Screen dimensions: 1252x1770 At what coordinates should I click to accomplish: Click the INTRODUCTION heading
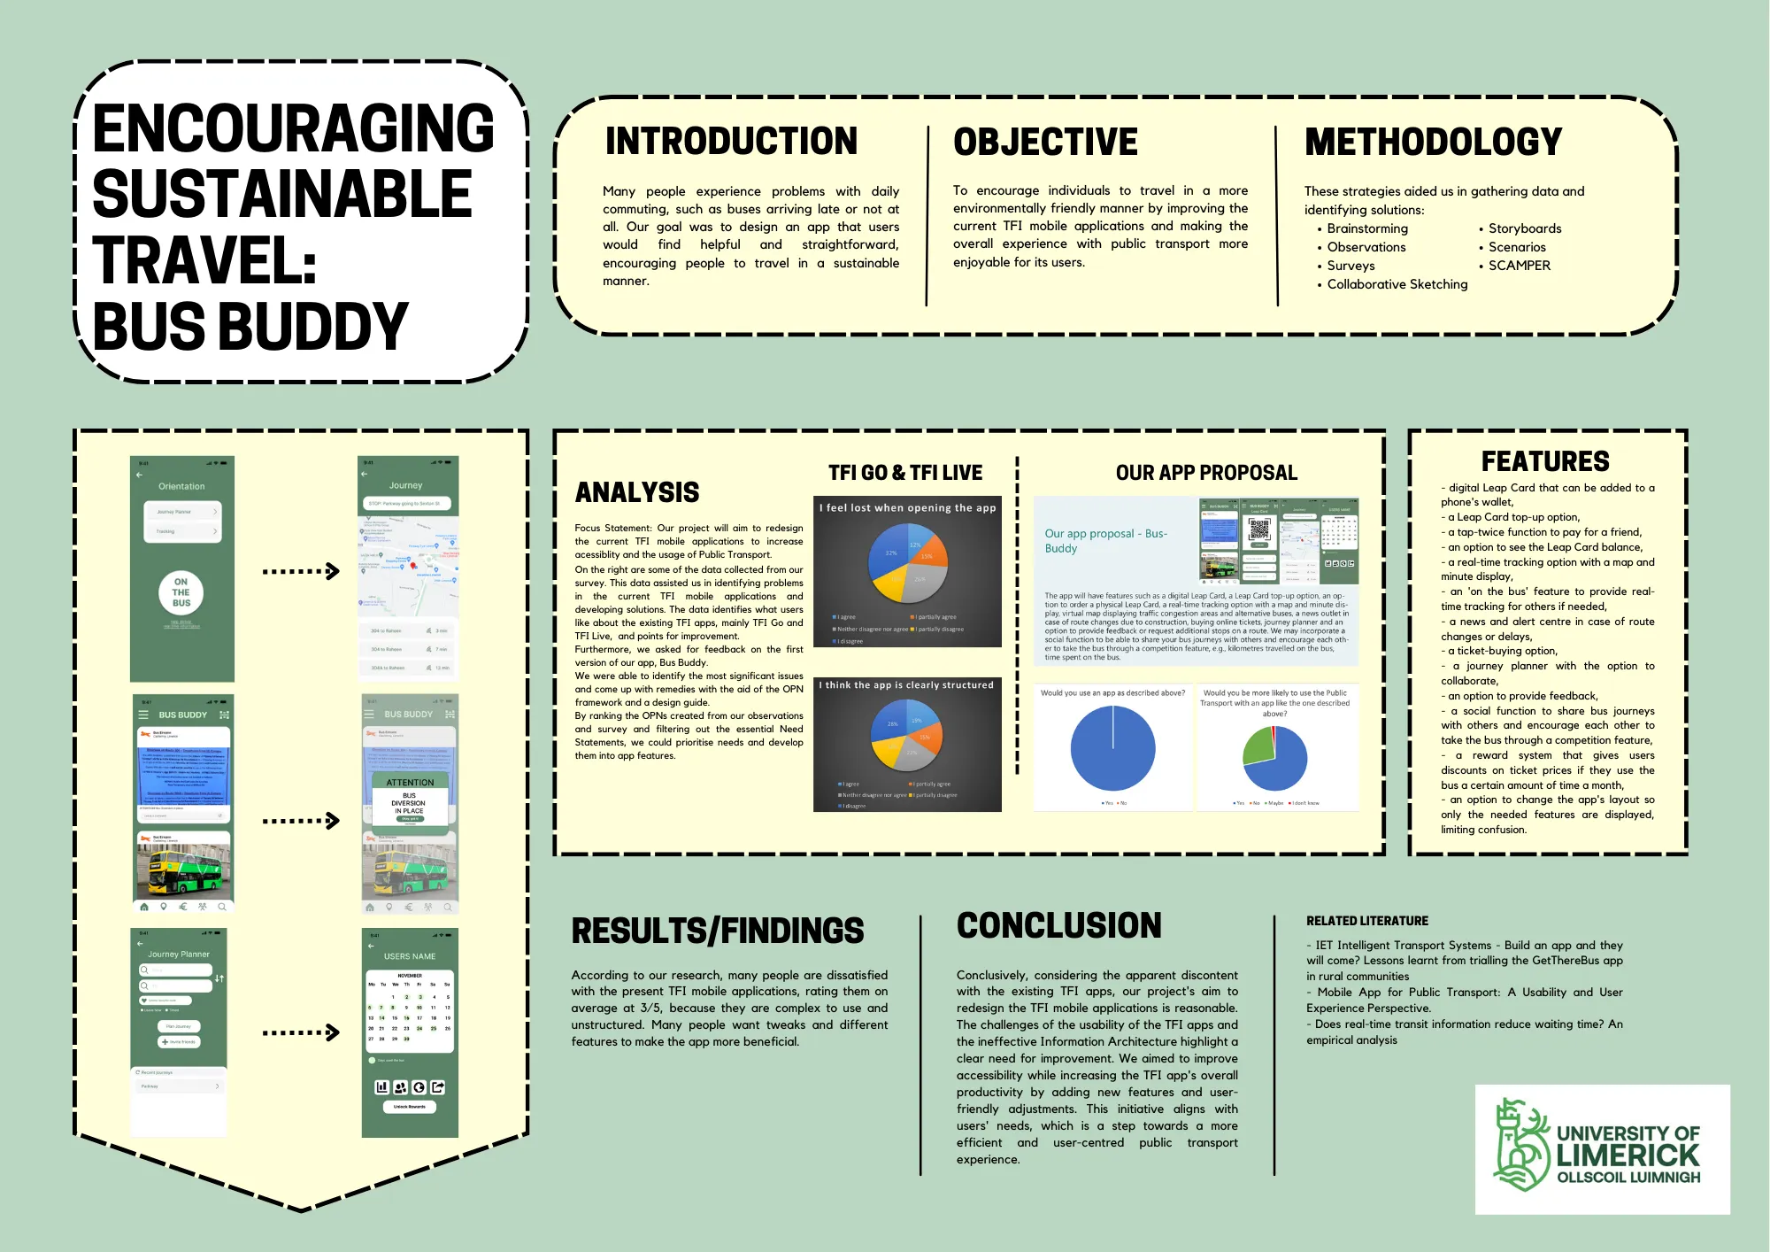731,142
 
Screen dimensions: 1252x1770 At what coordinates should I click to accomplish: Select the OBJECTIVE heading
1045,143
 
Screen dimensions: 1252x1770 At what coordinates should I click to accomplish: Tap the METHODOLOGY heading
1433,143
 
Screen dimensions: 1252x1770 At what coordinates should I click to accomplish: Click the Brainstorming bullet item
1366,228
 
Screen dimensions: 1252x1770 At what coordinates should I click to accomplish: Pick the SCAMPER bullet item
1519,266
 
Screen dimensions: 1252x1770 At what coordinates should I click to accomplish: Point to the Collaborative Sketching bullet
1397,284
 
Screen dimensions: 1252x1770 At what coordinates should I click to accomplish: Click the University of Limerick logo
1602,1148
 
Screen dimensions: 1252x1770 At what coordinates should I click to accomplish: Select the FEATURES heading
1545,461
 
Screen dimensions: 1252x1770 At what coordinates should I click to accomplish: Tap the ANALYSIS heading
637,492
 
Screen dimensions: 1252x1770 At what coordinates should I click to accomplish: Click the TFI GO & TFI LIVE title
905,473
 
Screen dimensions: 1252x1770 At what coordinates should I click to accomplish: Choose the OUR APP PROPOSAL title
1206,473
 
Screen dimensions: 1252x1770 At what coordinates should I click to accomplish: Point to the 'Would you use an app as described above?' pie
1112,748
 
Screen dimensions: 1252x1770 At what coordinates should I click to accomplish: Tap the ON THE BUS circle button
181,592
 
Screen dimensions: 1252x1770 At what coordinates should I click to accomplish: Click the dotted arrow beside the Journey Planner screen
301,1032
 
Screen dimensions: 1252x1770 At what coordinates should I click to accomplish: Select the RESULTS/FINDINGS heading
717,931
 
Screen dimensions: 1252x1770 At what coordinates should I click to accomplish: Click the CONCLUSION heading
1058,926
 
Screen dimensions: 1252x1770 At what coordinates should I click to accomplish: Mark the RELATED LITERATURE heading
1366,921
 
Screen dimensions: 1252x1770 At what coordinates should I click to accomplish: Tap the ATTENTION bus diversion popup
410,800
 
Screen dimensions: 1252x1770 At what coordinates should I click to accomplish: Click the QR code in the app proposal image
1258,529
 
